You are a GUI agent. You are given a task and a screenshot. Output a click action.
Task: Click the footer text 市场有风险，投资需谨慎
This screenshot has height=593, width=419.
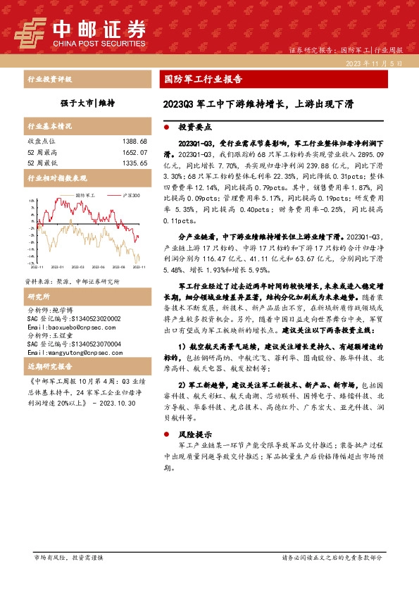tap(69, 557)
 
